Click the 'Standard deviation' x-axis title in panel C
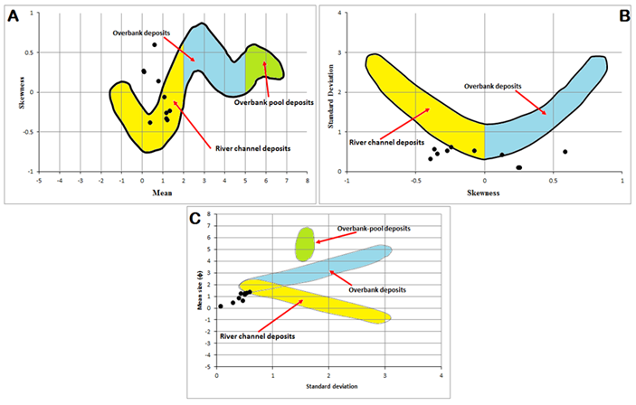[x=328, y=386]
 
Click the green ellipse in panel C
[x=305, y=241]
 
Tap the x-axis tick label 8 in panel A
[x=308, y=181]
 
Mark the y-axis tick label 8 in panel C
[x=210, y=215]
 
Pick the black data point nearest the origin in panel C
[x=220, y=306]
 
